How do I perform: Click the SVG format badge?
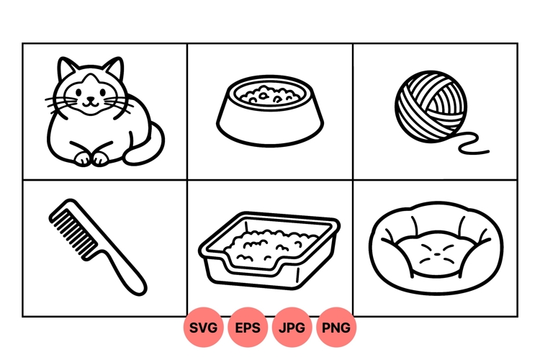pos(204,328)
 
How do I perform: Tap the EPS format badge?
pos(248,328)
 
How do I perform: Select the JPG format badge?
pos(292,328)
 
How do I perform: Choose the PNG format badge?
pos(336,328)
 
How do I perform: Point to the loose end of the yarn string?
pos(487,151)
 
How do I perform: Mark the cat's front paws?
pos(92,158)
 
